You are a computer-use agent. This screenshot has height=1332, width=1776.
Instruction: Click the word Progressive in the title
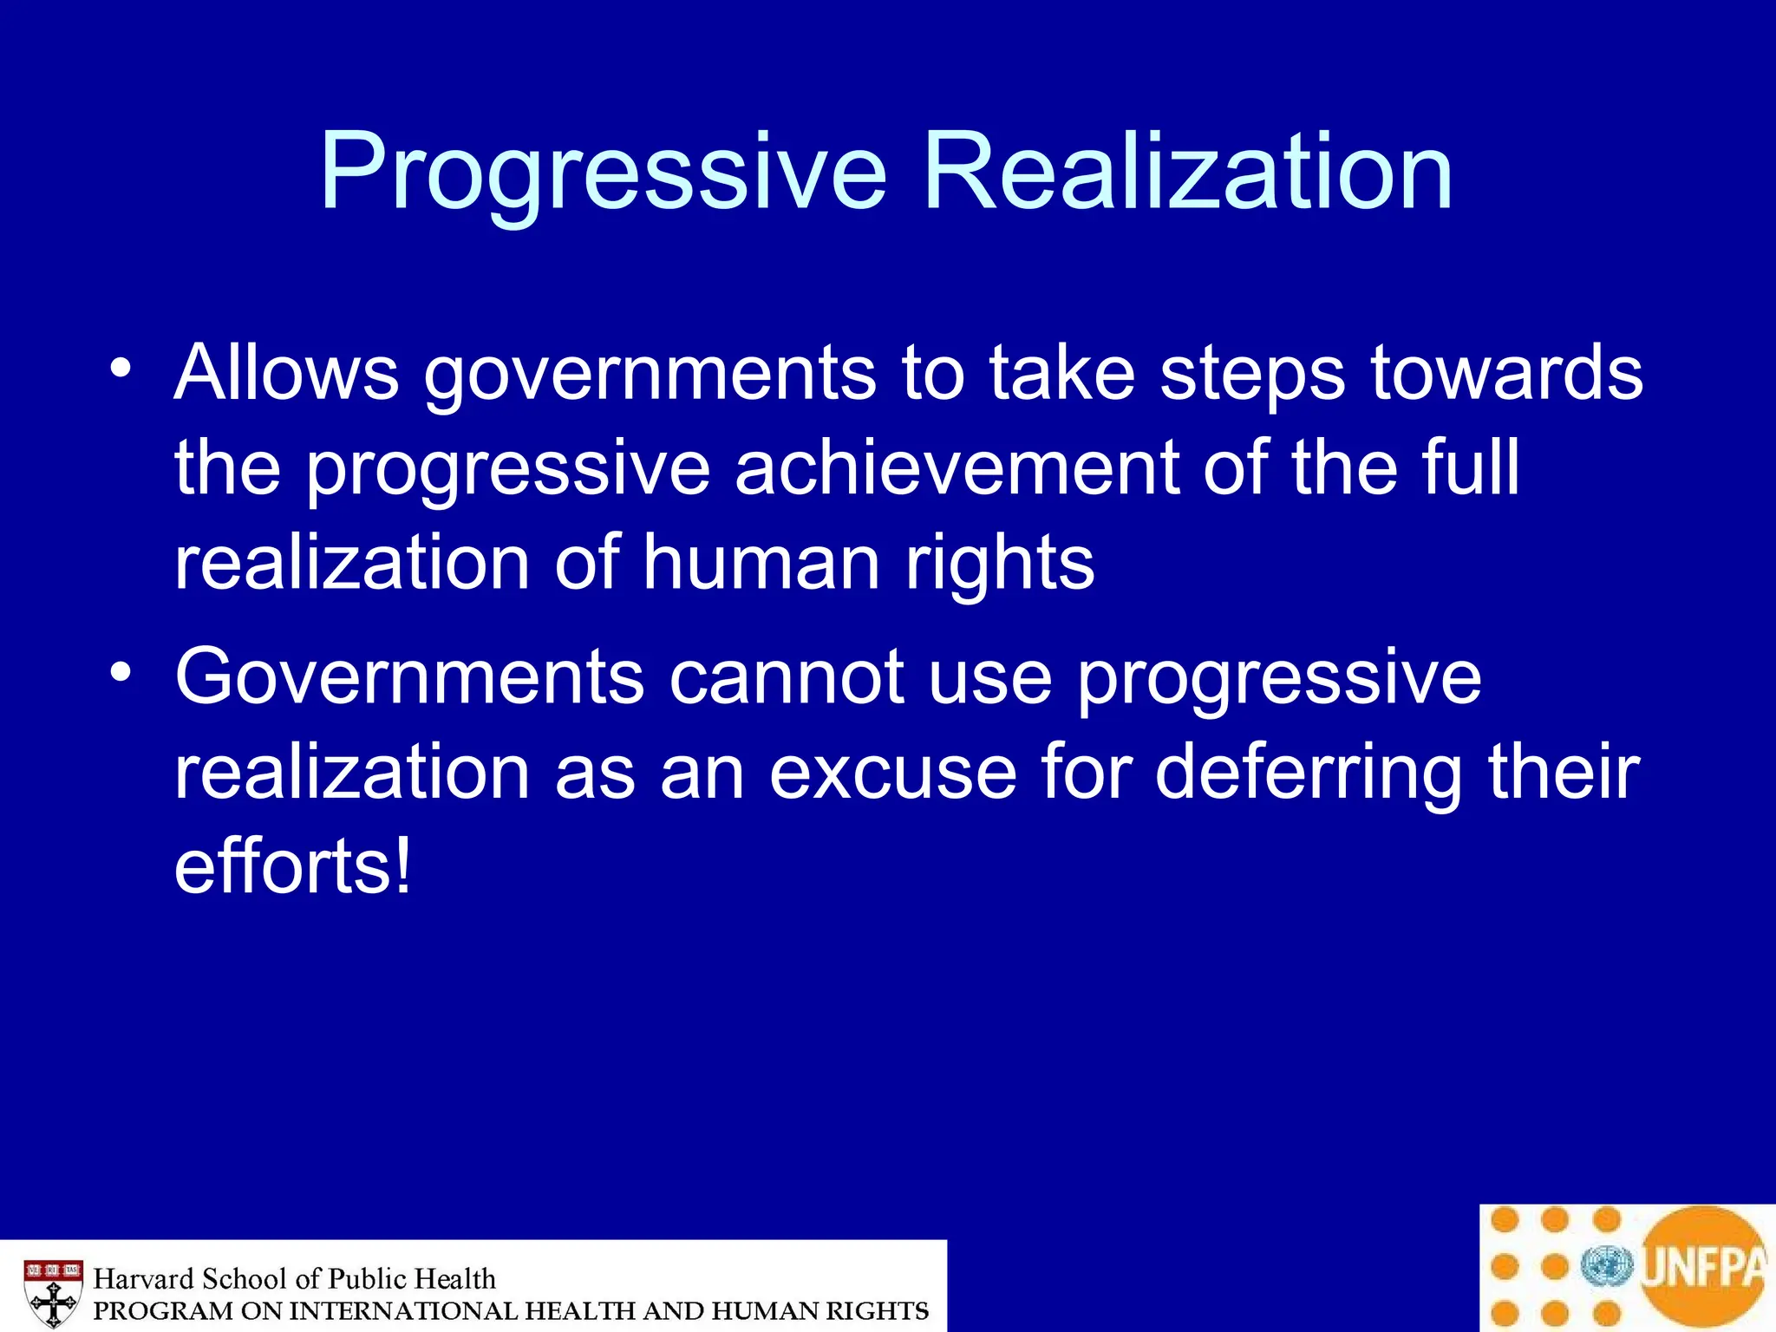[x=603, y=173]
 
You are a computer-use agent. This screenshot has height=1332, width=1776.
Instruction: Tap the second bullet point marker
[x=121, y=672]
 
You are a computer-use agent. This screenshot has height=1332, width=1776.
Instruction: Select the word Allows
[x=286, y=373]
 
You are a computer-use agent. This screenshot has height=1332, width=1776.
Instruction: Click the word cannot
[x=787, y=677]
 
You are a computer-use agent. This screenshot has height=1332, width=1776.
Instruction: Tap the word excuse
[x=892, y=772]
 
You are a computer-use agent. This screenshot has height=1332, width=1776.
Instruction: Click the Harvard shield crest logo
[x=53, y=1291]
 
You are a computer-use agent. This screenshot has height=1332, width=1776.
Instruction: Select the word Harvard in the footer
[x=143, y=1279]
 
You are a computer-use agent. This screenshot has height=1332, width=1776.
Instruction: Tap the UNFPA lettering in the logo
[x=1703, y=1267]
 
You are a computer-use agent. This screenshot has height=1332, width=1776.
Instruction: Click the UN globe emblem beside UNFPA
[x=1607, y=1267]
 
